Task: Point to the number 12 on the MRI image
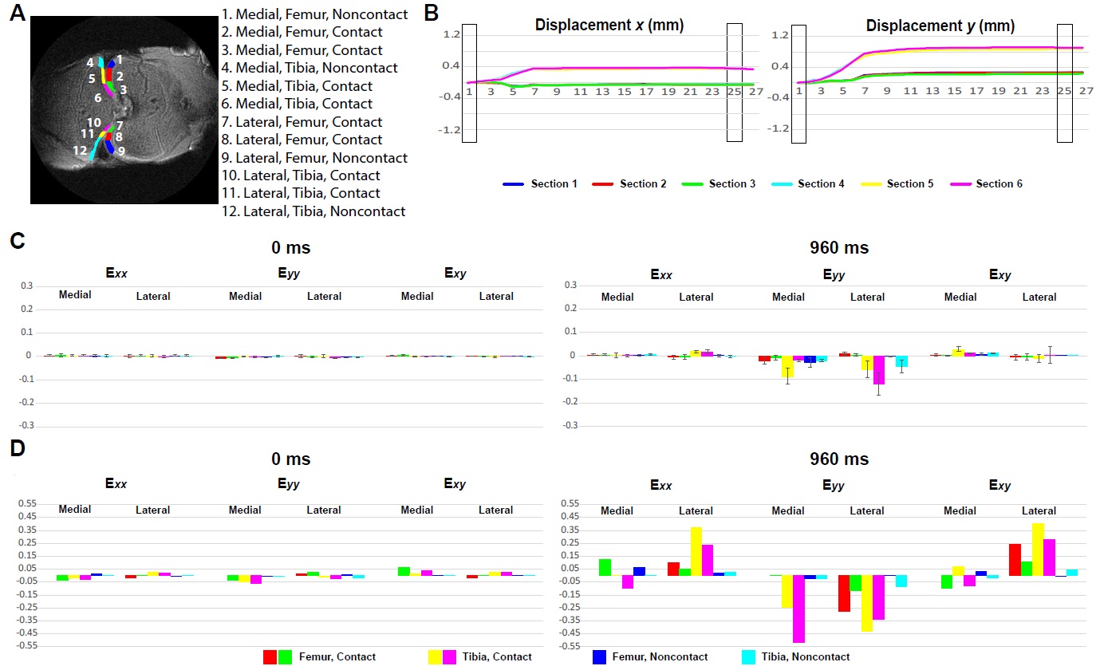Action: tap(80, 150)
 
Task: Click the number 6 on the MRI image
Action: tap(97, 98)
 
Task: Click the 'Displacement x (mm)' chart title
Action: tap(609, 26)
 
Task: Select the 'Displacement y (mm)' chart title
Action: tap(940, 26)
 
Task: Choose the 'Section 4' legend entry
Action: tap(812, 184)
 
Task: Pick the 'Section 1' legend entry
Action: tap(540, 184)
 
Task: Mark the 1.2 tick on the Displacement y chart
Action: tap(781, 35)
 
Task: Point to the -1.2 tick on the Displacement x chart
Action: tap(451, 129)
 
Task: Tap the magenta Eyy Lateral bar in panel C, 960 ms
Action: tap(878, 370)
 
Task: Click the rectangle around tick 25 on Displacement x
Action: tap(735, 83)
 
